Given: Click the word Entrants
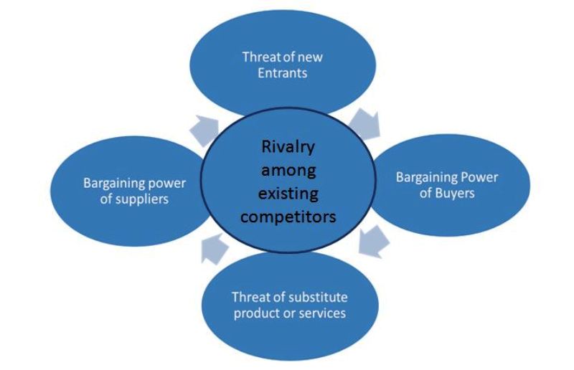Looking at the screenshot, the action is click(x=282, y=73).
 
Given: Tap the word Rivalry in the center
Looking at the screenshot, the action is click(x=288, y=148).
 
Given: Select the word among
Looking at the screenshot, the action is click(x=288, y=171).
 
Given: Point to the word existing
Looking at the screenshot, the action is click(x=288, y=194).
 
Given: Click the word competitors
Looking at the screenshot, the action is click(x=288, y=217).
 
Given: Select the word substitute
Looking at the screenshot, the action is click(x=312, y=297).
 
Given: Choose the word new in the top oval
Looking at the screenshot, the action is click(x=310, y=57).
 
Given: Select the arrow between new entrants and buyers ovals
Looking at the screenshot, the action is click(x=365, y=124).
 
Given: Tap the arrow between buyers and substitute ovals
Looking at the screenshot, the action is click(x=373, y=242).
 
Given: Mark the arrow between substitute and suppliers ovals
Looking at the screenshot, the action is click(x=215, y=249).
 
